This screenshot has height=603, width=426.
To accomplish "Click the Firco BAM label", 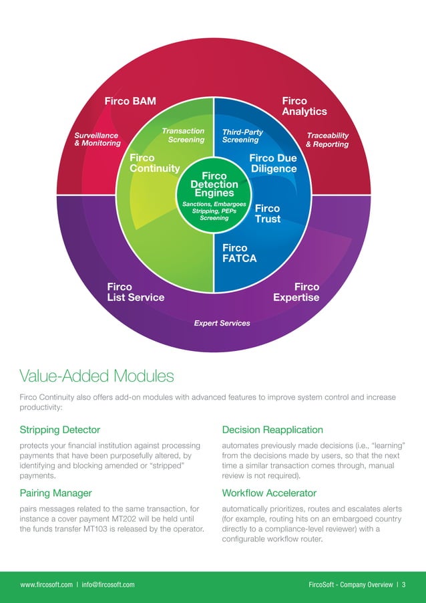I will pos(130,102).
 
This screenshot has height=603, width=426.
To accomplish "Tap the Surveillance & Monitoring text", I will pos(97,139).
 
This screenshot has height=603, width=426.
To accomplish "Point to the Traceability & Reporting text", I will pos(327,140).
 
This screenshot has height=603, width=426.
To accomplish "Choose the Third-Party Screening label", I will pos(242,136).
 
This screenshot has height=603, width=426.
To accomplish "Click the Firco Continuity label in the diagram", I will pos(154,163).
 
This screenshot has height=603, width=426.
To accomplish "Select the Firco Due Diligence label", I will pos(272,163).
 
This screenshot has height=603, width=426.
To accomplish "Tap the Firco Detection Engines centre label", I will pos(214,184).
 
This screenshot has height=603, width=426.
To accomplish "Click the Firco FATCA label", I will pos(239,253).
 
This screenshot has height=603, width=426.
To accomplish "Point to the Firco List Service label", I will pos(136,292).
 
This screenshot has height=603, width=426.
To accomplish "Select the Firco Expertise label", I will pos(296,292).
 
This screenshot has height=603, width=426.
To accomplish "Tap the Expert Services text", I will pos(222,324).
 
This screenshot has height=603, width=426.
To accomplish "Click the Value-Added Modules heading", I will pos(97,376).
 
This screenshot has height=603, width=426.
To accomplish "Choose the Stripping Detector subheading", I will pos(60,430).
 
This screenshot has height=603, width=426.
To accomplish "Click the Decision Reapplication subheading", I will pos(272,430).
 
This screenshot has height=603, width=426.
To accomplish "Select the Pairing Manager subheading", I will pos(56,493).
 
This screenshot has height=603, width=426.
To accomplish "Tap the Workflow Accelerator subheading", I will pos(269,493).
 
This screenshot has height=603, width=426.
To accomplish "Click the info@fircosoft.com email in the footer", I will pos(108,585).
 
